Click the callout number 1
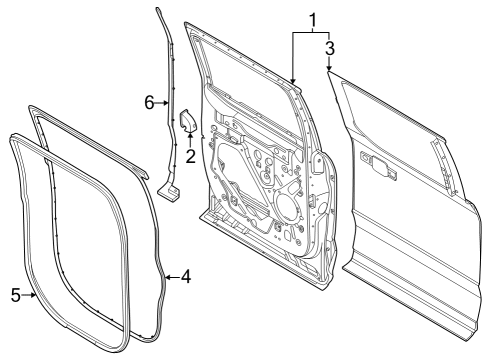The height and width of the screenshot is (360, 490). coord(312,18)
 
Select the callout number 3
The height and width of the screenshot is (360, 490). coord(329,46)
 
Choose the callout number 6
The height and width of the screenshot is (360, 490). coord(148,103)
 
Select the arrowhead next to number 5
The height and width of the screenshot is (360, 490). coord(33,295)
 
